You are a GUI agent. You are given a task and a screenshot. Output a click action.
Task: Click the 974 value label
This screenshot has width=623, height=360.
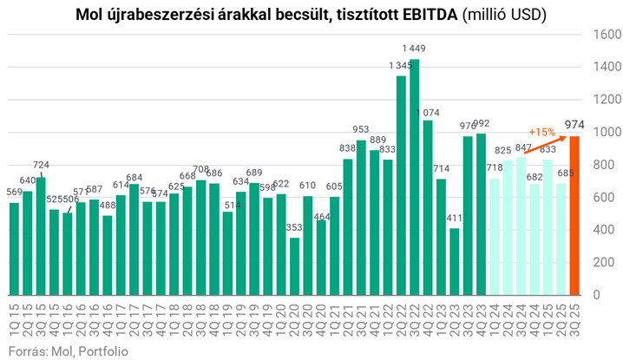click(x=574, y=125)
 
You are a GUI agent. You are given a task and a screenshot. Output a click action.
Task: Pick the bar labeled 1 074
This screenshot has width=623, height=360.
click(x=428, y=208)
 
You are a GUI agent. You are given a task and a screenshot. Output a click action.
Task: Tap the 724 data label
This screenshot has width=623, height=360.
click(x=41, y=166)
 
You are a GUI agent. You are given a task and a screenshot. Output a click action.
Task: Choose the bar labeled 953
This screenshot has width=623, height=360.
click(x=361, y=218)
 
